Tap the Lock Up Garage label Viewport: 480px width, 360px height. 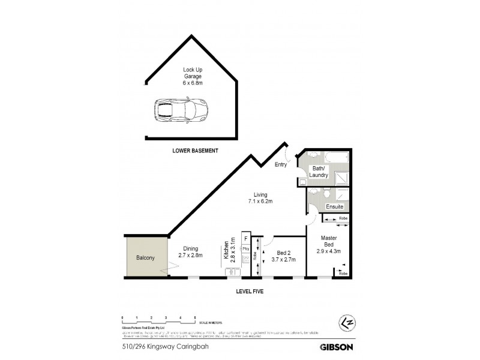193,76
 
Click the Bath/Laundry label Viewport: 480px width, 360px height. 318,172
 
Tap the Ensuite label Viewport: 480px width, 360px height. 335,207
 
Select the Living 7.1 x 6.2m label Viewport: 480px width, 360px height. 260,198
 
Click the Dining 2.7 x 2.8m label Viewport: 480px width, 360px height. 190,251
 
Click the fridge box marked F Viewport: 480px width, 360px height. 245,238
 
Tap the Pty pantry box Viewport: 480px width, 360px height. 245,248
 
